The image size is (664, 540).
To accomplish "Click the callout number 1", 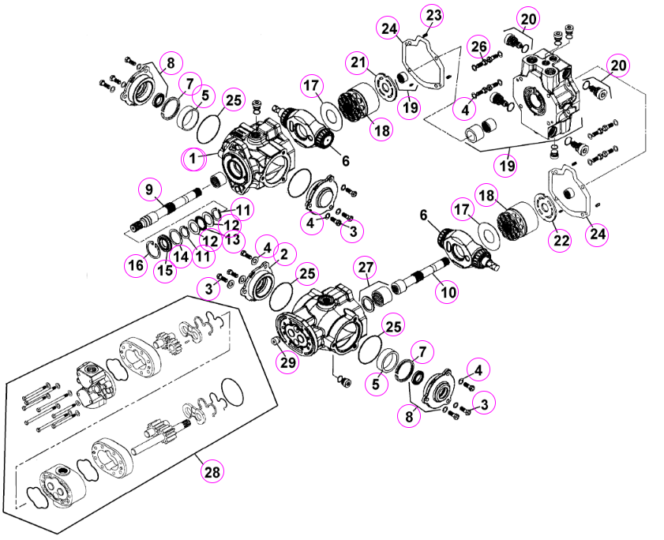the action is click(193, 159).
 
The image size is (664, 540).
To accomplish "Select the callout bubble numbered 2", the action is click(284, 254).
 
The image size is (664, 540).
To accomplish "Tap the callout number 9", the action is click(148, 189).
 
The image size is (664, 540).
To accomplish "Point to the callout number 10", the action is click(448, 292).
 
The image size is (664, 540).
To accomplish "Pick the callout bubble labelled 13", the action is click(233, 240).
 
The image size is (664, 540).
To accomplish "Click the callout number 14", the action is click(182, 257).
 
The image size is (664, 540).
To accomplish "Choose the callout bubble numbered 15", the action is click(165, 269).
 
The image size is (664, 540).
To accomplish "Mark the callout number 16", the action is click(137, 265).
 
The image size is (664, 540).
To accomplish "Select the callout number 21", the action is click(358, 62).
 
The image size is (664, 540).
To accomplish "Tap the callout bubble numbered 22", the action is click(561, 241).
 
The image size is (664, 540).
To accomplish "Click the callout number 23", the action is click(433, 16).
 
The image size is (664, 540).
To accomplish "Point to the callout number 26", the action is click(479, 47).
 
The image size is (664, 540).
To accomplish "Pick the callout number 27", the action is click(366, 268).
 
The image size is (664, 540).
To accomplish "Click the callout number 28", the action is click(212, 471).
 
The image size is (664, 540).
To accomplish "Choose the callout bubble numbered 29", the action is click(288, 362).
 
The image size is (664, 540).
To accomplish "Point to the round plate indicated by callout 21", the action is click(385, 88).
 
